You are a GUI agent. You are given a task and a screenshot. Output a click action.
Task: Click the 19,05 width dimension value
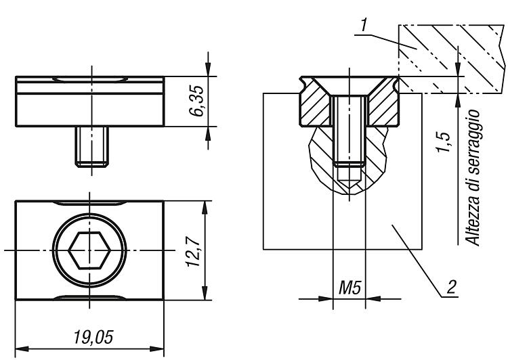point(93,338)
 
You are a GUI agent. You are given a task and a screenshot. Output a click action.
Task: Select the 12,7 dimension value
point(193,252)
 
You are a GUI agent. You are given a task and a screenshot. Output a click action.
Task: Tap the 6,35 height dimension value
point(196,101)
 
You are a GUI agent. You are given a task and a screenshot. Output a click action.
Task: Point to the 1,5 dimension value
point(443,142)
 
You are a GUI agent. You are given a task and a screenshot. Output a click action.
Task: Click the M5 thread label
point(350,288)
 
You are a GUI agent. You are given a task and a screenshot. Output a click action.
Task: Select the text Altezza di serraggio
point(472,178)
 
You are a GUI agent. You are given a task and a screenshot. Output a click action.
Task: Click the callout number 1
point(364,25)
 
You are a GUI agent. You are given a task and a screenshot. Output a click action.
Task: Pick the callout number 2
point(452,287)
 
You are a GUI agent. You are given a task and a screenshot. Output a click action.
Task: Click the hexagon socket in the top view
point(89,250)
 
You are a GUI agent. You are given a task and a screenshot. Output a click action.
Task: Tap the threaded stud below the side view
point(92,147)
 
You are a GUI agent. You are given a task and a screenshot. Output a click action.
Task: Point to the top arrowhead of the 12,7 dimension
point(205,208)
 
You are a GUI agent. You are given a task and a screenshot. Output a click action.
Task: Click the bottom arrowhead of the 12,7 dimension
point(205,293)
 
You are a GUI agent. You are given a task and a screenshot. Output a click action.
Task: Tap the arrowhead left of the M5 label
point(326,299)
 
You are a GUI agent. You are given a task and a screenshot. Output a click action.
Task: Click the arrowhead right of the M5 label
point(373,299)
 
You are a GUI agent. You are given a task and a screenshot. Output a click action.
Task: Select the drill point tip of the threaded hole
point(349,188)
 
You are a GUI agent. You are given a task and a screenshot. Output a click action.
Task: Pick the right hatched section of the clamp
point(383,104)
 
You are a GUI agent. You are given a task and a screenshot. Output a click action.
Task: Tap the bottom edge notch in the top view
point(89,297)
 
